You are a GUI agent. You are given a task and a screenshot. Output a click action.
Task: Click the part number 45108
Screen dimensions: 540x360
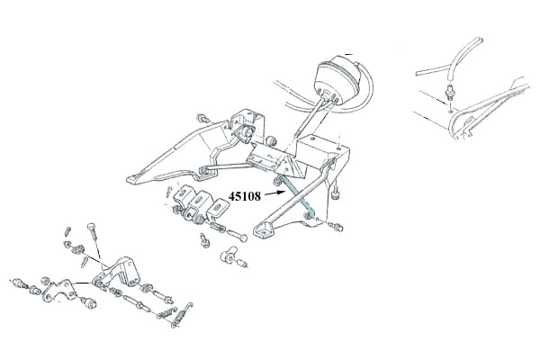point(245,196)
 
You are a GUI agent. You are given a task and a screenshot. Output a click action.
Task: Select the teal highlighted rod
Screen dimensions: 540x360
point(297,196)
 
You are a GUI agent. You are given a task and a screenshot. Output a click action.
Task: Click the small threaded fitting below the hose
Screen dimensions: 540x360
point(449,92)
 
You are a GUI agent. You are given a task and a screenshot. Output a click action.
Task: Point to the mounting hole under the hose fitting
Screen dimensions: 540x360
point(451,112)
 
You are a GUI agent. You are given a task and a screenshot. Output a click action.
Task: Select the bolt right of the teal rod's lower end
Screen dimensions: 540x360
point(335,226)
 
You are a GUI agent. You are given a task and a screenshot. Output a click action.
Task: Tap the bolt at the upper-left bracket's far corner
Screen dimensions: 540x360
point(202,119)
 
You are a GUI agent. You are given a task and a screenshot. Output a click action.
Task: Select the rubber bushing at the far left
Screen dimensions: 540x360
point(20,284)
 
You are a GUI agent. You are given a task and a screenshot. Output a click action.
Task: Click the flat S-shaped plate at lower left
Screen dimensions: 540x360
point(59,290)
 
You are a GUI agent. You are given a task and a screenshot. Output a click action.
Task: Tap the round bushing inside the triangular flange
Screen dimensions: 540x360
point(247,132)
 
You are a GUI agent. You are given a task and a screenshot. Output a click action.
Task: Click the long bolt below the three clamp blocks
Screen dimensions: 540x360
point(237,236)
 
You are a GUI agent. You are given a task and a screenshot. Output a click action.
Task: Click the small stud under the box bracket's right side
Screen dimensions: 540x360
point(336,194)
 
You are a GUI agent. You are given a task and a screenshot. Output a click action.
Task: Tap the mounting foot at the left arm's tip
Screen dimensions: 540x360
point(135,178)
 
